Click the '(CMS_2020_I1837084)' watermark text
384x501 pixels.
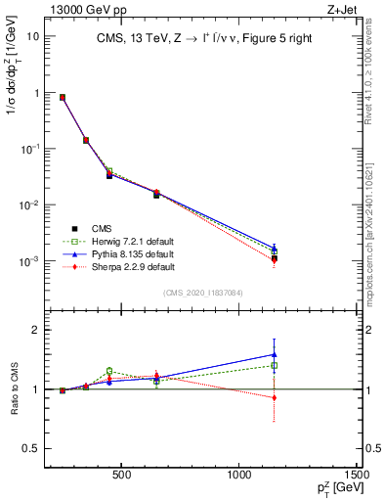coord(203,292)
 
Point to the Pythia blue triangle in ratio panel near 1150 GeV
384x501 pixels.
coord(275,354)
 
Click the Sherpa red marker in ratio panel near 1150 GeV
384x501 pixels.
coord(275,397)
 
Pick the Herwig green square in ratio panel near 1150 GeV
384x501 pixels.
coord(275,366)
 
